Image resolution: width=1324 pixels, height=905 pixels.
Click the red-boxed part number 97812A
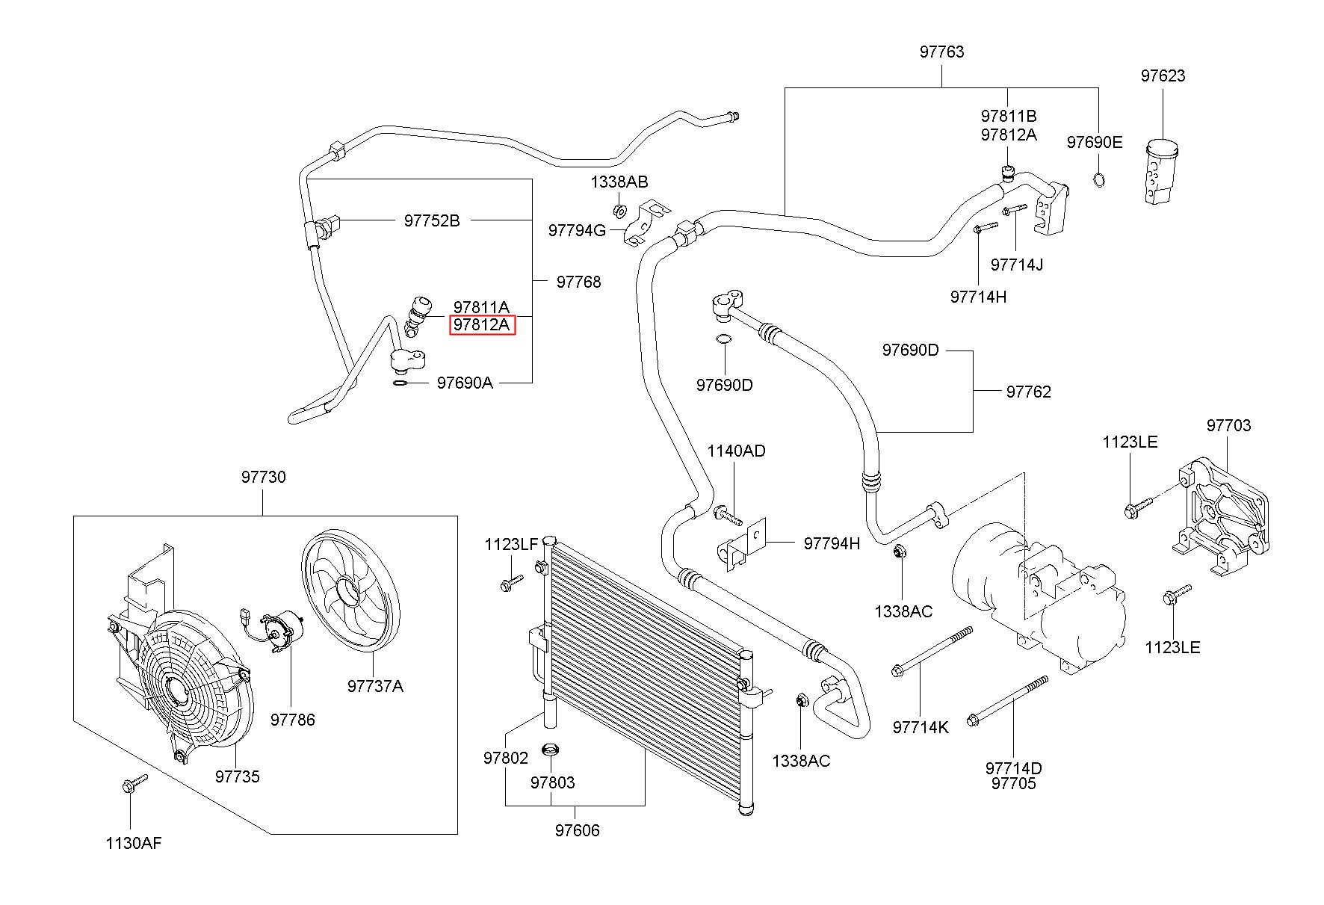[x=481, y=325]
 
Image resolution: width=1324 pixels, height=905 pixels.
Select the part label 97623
[x=1163, y=76]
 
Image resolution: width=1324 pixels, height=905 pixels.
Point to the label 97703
[x=1228, y=425]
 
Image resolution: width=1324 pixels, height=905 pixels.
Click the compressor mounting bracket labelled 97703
[x=1222, y=518]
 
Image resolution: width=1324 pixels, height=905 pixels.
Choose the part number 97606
[x=577, y=830]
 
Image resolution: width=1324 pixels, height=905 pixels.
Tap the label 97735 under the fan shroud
[x=238, y=776]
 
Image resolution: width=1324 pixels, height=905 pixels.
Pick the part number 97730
[x=263, y=477]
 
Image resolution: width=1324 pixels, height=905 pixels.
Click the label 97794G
[x=577, y=230]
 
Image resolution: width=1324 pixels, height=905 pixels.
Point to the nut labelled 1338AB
[x=619, y=209]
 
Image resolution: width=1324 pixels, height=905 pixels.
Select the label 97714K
[x=920, y=727]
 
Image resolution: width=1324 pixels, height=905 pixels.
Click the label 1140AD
[x=736, y=451]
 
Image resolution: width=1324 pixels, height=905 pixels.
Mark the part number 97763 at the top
[x=941, y=52]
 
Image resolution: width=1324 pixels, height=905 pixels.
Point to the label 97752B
[x=432, y=220]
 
